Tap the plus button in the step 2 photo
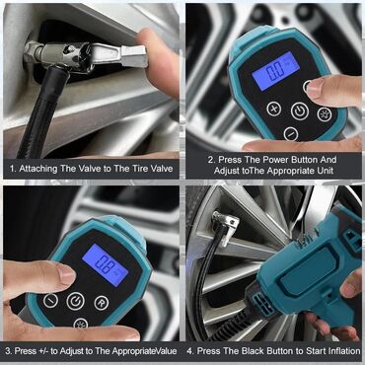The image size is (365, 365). [274, 109]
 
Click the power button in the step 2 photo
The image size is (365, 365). [300, 111]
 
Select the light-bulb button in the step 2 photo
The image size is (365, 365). [325, 114]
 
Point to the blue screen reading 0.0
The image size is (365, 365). [275, 71]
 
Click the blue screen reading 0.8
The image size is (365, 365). [106, 265]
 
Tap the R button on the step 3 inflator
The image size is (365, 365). [102, 303]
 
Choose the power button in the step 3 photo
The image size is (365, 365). [76, 301]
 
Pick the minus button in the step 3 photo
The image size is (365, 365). [50, 301]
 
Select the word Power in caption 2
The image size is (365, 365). [266, 160]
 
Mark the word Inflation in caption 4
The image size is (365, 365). [343, 351]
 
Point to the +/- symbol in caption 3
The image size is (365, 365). [42, 351]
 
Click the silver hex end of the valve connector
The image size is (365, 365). [133, 56]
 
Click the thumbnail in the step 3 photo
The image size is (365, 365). [66, 275]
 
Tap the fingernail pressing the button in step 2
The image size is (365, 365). [311, 86]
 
